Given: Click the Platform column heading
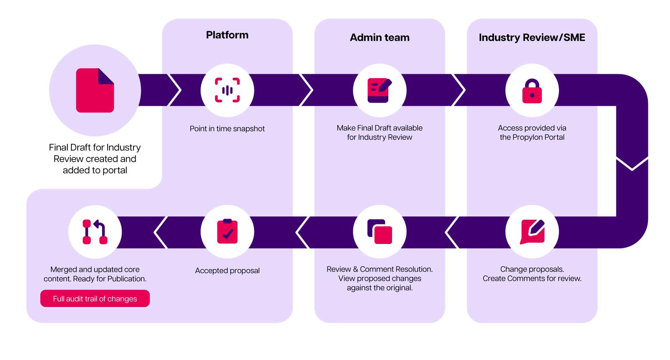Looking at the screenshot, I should (227, 35).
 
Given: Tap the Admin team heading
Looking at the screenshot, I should (379, 38).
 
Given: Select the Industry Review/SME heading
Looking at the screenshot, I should (532, 38).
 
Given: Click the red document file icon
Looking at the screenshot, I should (95, 90).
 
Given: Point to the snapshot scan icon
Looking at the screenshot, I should (227, 90).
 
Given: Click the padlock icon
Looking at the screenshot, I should (532, 91).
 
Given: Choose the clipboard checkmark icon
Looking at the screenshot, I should (227, 232).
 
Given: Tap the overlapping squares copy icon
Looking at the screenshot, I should (379, 232).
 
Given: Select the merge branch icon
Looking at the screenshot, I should (95, 232).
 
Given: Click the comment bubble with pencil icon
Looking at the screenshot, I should (532, 232).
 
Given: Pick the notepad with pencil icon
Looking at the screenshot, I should (379, 90).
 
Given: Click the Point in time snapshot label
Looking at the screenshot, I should (227, 129).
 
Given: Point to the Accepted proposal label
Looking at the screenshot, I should (227, 271).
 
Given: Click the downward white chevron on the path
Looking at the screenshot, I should (632, 164).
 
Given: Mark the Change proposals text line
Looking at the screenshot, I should (532, 269).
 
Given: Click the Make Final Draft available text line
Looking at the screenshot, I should (379, 128).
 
